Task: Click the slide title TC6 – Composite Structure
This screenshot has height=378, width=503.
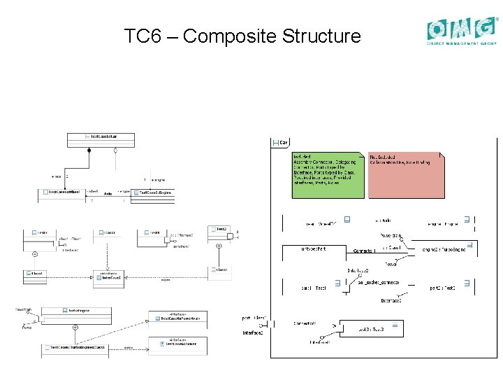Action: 242,36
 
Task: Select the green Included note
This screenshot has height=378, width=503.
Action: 327,175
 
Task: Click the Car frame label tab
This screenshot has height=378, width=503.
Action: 281,142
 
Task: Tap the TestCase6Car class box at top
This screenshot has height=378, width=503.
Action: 101,136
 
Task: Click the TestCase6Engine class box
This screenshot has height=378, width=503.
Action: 155,192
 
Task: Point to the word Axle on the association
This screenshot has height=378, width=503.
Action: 108,193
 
